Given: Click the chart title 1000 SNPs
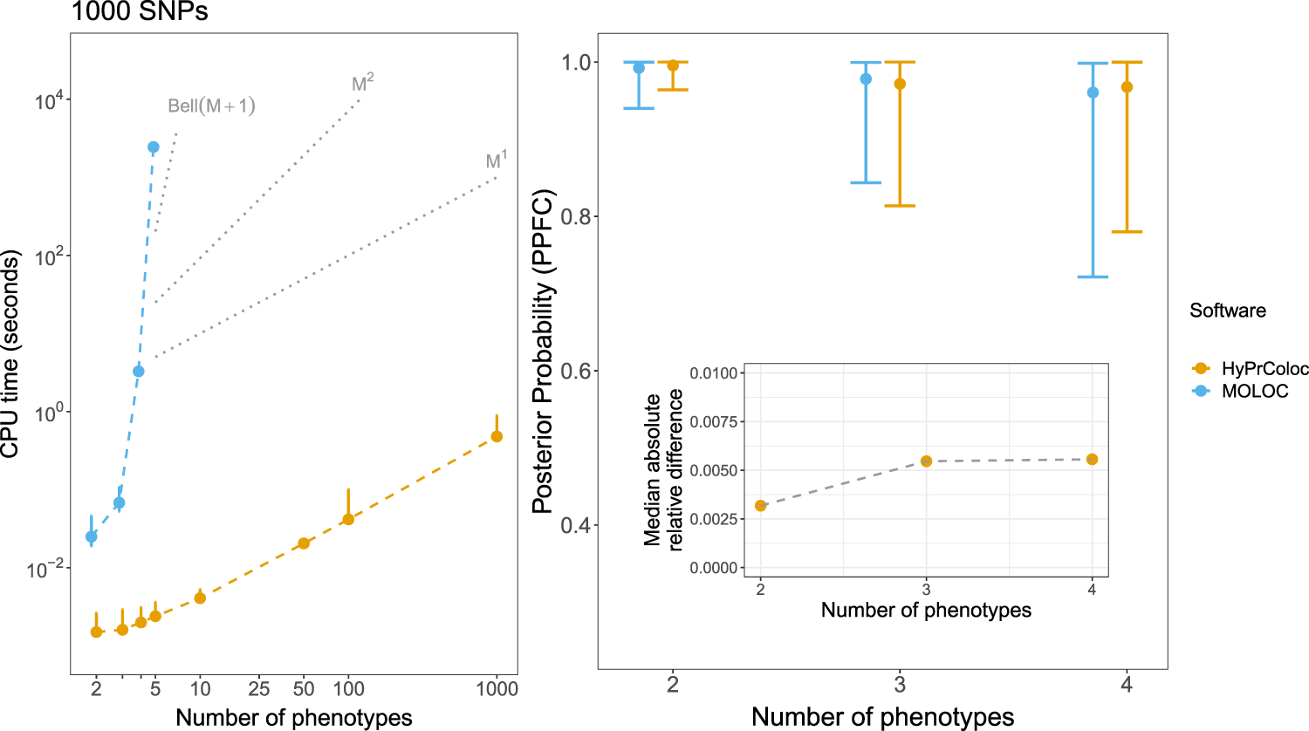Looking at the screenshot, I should click(x=140, y=12).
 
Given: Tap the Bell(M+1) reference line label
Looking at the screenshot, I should click(x=211, y=106).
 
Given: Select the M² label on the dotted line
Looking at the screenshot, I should click(x=362, y=84).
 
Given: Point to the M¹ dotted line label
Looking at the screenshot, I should click(x=496, y=161).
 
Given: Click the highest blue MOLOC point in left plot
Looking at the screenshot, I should click(x=153, y=147).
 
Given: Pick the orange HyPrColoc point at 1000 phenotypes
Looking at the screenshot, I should click(x=497, y=436).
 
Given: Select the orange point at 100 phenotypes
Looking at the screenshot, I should click(x=348, y=519).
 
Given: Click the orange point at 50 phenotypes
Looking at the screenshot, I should click(x=304, y=543).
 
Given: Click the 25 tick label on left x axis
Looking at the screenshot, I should click(x=258, y=689).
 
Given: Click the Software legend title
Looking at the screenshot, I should click(x=1227, y=311).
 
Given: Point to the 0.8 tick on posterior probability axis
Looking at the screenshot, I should click(x=576, y=216).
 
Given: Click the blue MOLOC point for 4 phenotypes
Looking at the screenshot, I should click(x=1093, y=92).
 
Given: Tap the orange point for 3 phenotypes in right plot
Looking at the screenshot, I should click(x=900, y=84).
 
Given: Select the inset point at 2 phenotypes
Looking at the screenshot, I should click(x=760, y=505).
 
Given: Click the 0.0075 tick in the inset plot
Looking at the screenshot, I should click(x=713, y=422).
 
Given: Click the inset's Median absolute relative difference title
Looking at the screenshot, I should click(x=663, y=469).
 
